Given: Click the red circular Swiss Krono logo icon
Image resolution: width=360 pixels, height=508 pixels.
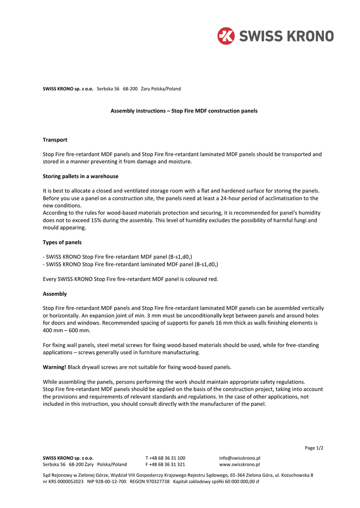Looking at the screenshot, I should pos(225,36).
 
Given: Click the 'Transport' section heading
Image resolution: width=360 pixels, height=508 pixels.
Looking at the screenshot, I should pos(55,140).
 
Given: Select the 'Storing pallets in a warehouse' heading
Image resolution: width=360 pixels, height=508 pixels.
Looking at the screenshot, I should pos(80,176).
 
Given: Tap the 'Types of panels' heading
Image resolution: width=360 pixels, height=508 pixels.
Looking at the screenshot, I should pos(62,243).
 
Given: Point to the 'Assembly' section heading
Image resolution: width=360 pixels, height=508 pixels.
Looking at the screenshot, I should pos(55,294).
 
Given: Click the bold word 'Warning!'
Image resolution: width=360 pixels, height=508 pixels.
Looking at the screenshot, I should pos(54,367).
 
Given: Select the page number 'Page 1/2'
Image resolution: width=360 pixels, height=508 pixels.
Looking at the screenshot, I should pos(314,448).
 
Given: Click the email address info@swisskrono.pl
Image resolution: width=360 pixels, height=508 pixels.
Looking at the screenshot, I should pos(240,458).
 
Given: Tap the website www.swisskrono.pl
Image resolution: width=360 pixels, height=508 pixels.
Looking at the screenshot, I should pos(239,464).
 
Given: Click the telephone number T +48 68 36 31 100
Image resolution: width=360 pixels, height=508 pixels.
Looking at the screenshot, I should pos(165,458).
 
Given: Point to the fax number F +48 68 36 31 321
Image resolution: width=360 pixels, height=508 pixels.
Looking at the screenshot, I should pos(165,464).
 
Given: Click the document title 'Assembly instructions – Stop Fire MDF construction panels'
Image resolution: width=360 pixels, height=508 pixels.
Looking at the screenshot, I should pos(184,111).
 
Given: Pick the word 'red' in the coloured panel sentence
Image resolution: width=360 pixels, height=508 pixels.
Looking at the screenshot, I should pos(213,279).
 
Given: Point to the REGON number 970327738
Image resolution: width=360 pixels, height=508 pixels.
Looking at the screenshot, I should pos(157,481).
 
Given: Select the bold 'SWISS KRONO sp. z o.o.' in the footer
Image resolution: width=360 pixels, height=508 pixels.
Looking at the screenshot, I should pos(68,458).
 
